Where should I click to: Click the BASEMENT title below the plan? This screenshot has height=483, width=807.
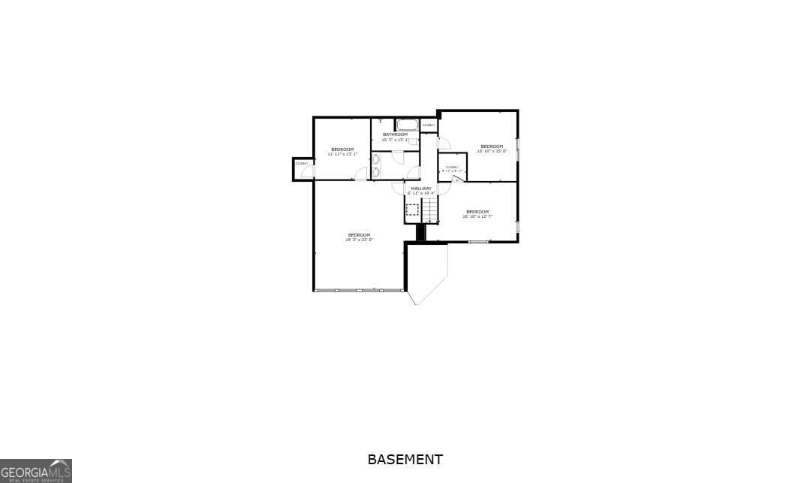(x=405, y=459)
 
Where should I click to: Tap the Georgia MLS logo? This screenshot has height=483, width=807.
(x=36, y=471)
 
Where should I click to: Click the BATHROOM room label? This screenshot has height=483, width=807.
(x=395, y=134)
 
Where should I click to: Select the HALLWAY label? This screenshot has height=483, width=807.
(x=421, y=188)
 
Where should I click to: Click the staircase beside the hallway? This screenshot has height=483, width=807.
(x=429, y=212)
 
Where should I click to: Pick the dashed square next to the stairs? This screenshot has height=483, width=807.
(x=412, y=210)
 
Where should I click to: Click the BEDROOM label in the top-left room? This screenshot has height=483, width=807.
(x=342, y=149)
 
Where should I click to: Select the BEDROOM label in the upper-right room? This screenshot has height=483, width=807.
(x=492, y=146)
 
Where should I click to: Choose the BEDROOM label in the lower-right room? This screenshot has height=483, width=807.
(x=477, y=212)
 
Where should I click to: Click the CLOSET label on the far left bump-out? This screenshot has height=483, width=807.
(x=302, y=163)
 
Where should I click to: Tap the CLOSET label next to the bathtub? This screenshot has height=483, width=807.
(x=429, y=125)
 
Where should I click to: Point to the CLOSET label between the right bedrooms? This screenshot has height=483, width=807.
(x=452, y=167)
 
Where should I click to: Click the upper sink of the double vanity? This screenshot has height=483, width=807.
(x=376, y=160)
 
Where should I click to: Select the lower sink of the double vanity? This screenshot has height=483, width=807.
(x=376, y=172)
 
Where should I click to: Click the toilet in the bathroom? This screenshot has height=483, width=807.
(x=414, y=141)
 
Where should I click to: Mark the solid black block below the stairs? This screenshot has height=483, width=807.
(x=420, y=232)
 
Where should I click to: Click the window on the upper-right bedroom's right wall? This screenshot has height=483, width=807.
(x=517, y=149)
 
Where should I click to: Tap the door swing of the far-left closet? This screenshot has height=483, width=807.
(x=306, y=173)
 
